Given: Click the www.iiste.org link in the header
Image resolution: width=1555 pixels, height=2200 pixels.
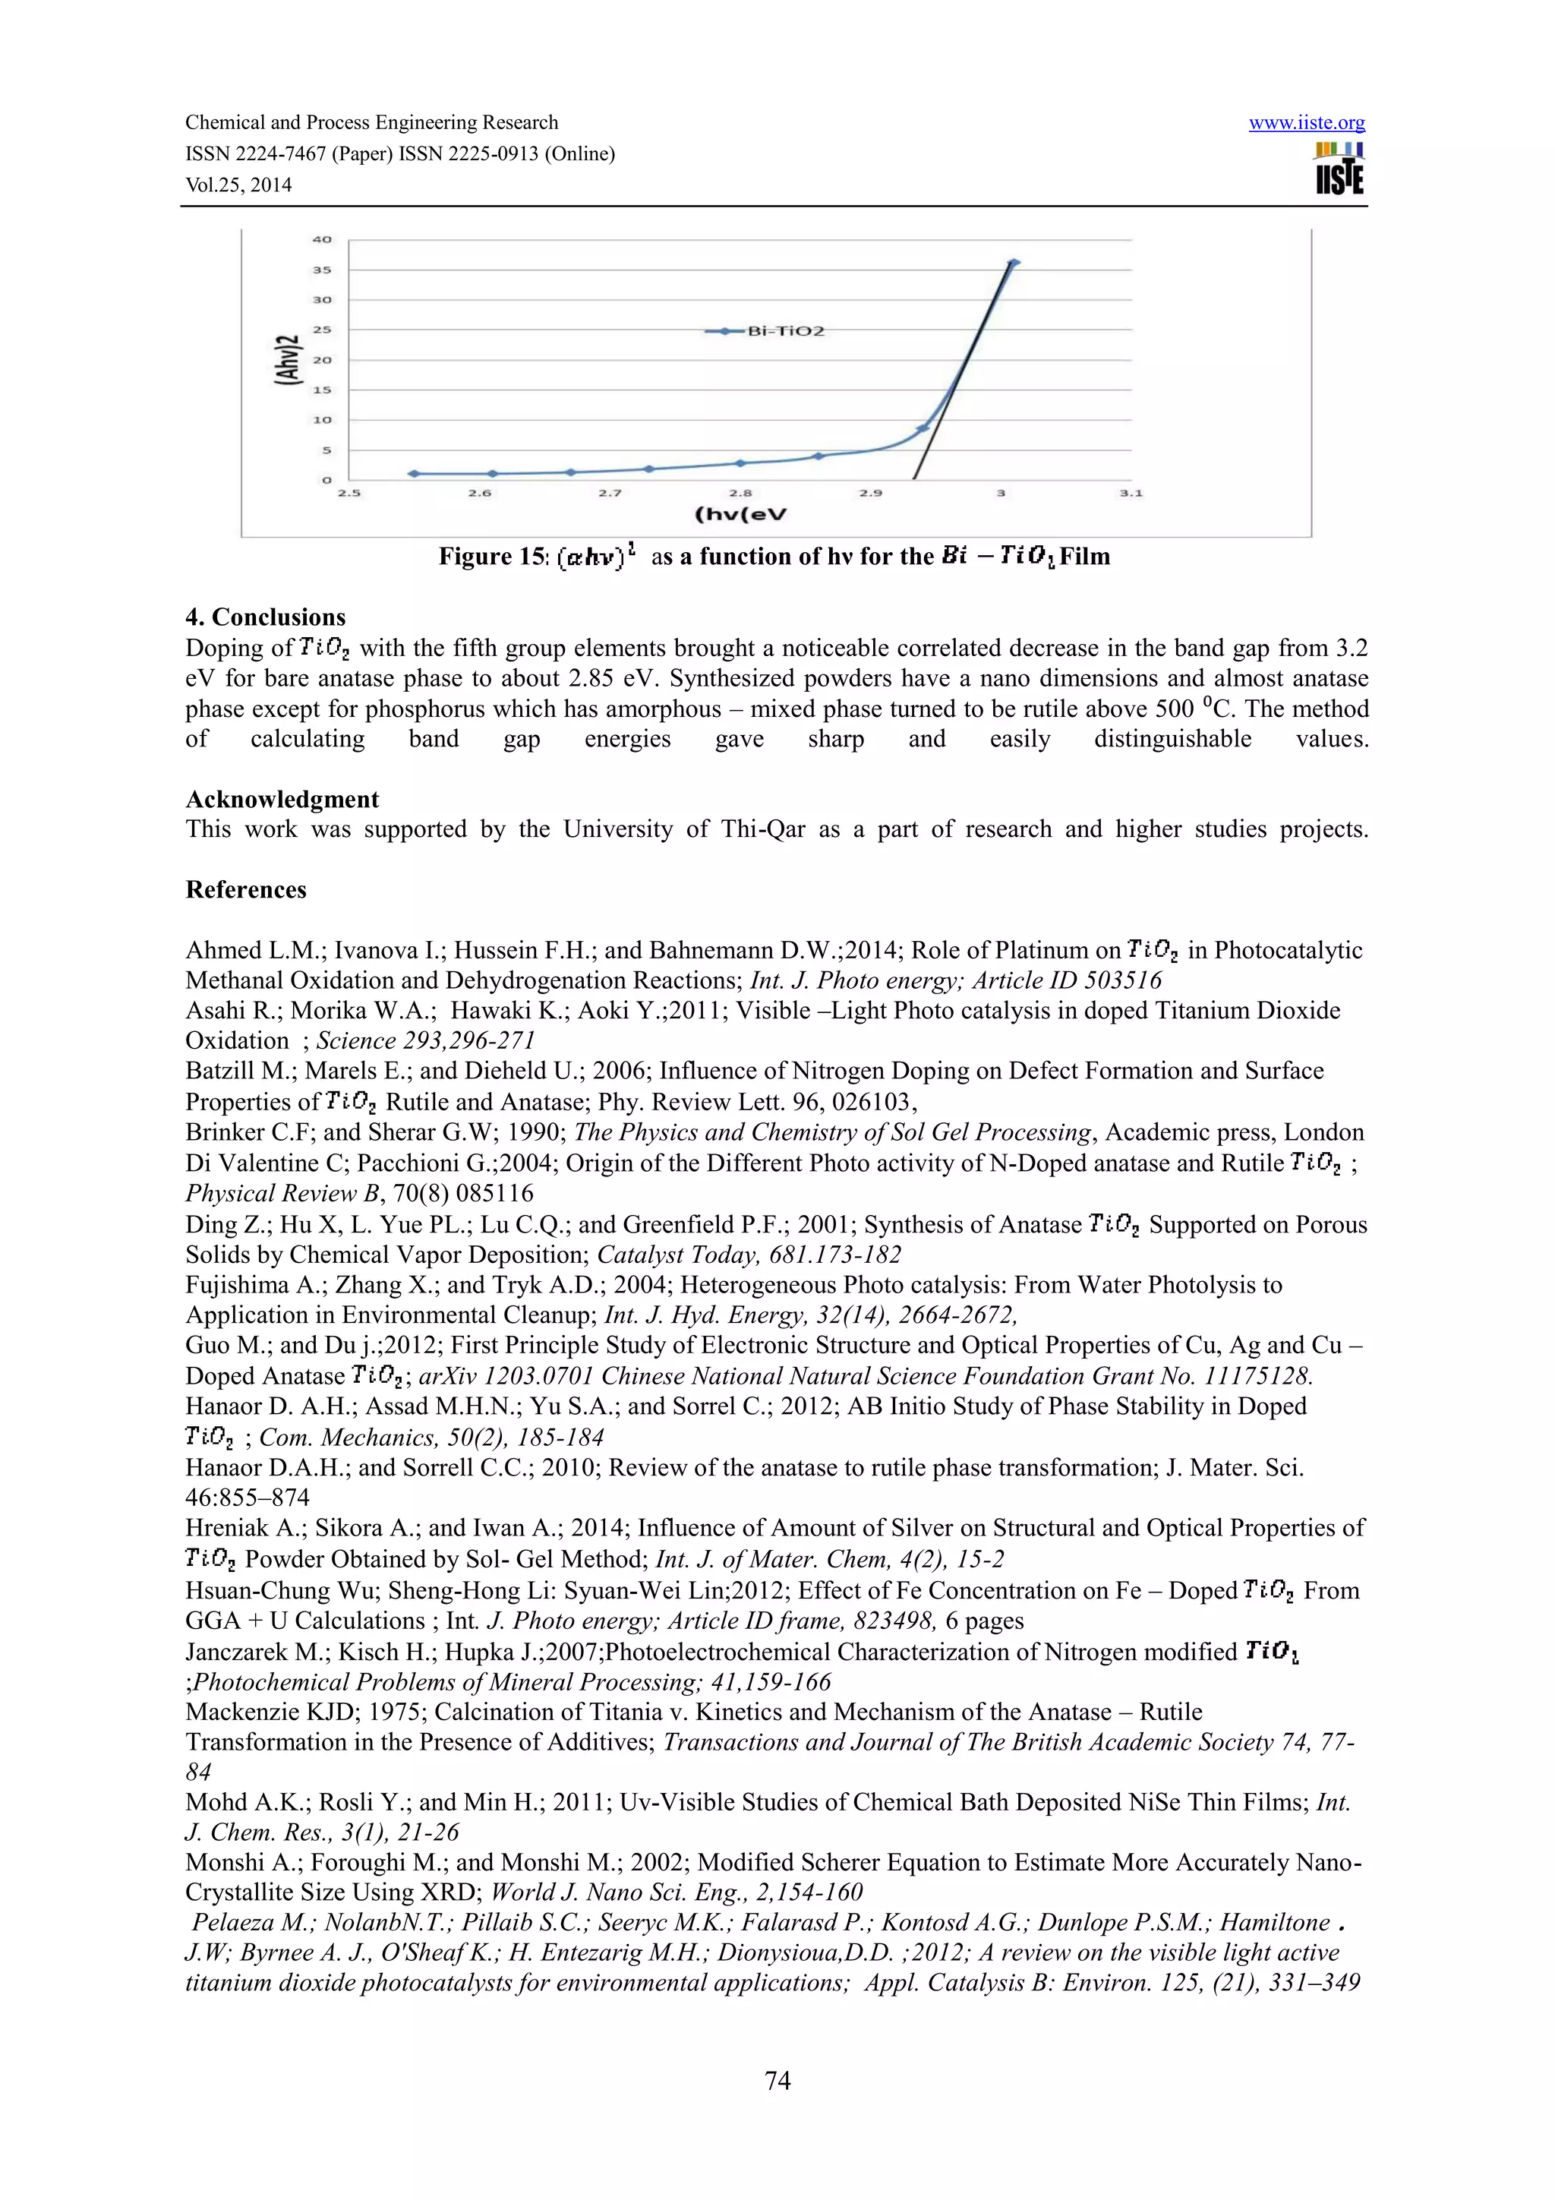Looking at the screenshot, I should [x=1306, y=123].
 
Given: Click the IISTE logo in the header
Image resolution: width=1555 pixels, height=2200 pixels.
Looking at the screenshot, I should [x=1339, y=169].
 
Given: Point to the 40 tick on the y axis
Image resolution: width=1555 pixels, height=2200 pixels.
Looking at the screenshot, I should [x=322, y=239].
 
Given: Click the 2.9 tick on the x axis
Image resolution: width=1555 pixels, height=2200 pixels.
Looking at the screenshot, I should [x=870, y=494].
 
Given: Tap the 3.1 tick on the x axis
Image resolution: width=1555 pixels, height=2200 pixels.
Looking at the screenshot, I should [x=1131, y=494].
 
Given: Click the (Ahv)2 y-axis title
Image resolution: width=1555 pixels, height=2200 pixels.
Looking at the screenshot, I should [x=285, y=359].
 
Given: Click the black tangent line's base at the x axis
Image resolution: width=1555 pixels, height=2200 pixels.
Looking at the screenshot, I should [x=914, y=477].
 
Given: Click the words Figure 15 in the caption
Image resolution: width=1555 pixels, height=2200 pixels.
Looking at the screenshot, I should [x=490, y=557].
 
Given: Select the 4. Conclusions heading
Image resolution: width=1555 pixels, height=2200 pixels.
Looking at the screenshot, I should [x=266, y=617].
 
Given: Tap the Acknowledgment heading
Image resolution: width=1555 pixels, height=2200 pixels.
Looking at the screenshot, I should [x=282, y=799].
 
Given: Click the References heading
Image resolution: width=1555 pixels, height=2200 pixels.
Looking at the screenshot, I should [x=246, y=889].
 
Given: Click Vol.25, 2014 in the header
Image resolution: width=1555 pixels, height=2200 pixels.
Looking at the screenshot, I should [x=238, y=185].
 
